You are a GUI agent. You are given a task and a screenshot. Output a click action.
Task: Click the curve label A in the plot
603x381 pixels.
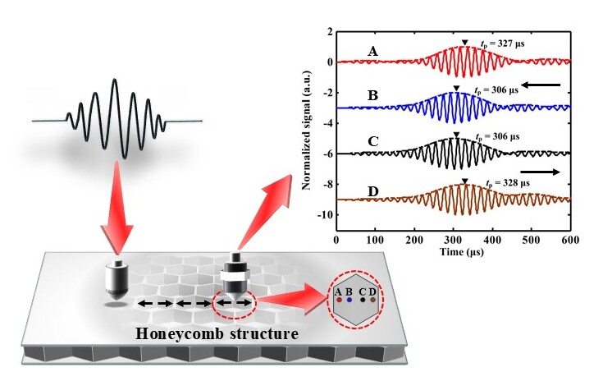[x=372, y=52]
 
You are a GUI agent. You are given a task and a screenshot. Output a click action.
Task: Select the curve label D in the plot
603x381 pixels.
[x=372, y=192]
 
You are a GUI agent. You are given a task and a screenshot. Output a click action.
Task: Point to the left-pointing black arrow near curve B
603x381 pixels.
[x=541, y=85]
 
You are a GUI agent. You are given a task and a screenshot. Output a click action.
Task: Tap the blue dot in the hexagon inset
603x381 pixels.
[x=349, y=301]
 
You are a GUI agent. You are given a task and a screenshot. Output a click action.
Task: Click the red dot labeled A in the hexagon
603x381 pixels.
[x=338, y=301]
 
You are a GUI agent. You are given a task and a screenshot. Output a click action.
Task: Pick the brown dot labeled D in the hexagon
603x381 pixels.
[x=373, y=301]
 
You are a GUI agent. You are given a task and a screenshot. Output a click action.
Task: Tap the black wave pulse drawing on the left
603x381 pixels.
[x=116, y=118]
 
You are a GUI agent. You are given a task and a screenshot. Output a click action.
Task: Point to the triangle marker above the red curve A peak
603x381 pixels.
[x=464, y=43]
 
